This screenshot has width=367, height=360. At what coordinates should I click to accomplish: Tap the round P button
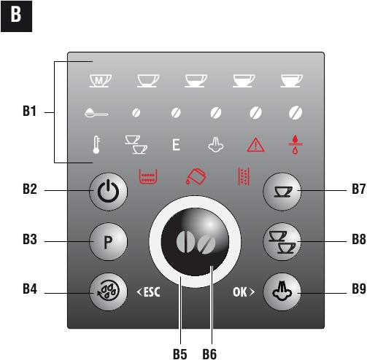click(108, 242)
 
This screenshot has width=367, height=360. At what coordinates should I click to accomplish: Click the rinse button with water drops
click(108, 291)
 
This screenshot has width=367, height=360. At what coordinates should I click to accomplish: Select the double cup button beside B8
click(282, 242)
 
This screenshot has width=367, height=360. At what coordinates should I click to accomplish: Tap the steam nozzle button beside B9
click(282, 291)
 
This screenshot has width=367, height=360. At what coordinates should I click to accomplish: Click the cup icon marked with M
click(100, 80)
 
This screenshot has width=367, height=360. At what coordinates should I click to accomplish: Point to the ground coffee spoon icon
click(96, 113)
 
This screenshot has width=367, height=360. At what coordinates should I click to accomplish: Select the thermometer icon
click(96, 145)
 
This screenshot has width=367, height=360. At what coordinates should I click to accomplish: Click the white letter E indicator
click(176, 145)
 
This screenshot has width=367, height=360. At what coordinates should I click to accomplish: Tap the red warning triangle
click(255, 145)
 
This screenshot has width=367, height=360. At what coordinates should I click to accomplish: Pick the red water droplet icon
click(295, 145)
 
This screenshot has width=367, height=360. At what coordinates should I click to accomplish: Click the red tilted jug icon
click(196, 176)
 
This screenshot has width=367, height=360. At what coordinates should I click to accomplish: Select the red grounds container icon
click(148, 176)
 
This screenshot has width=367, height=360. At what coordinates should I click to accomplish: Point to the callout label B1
click(29, 111)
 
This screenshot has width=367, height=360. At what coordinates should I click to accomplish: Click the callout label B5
click(180, 353)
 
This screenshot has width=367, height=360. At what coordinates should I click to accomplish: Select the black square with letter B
click(16, 16)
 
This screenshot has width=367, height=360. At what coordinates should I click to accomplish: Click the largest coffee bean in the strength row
click(295, 113)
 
